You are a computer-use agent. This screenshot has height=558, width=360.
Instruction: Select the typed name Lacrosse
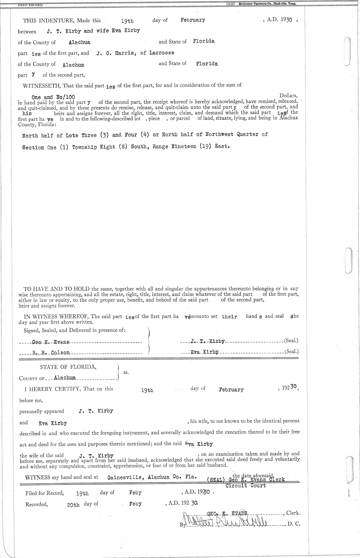pyautogui.click(x=162, y=53)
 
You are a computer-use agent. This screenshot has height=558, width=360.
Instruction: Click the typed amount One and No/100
pyautogui.click(x=53, y=97)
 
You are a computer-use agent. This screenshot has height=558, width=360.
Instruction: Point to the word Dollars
pyautogui.click(x=288, y=96)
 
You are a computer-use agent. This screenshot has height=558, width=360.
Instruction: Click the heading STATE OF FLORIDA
pyautogui.click(x=68, y=367)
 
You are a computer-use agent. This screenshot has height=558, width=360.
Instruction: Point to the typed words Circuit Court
pyautogui.click(x=245, y=485)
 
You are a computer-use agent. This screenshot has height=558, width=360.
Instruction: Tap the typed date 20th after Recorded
pyautogui.click(x=73, y=505)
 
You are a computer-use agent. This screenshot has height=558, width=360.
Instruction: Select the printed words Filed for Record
pyautogui.click(x=44, y=493)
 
